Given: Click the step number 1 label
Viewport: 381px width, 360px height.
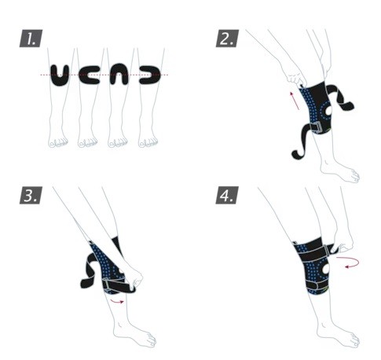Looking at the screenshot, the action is [x=31, y=39].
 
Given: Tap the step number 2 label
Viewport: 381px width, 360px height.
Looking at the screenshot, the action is [x=227, y=39].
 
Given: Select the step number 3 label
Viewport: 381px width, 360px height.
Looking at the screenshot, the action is [x=31, y=195].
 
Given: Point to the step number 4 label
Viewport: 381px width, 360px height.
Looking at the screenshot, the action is [x=227, y=195].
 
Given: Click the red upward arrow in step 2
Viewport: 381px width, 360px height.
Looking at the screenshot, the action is [x=295, y=101].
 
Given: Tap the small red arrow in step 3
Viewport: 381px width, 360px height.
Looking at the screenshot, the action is [x=117, y=301].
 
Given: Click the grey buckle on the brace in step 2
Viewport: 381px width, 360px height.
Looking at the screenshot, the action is [x=317, y=127].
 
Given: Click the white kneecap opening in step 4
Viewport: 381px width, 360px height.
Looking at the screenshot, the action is [x=326, y=269].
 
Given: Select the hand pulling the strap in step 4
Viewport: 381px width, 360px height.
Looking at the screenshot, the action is [x=343, y=245].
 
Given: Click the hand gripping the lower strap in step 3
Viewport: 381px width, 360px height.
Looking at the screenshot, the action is [x=134, y=281].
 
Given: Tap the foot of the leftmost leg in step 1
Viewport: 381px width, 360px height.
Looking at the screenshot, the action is [x=58, y=141].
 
